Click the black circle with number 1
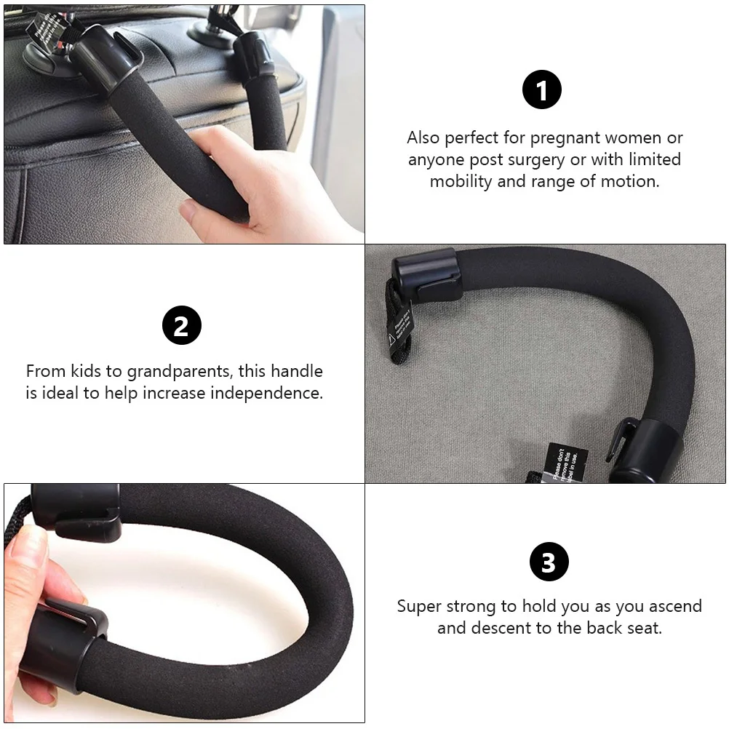tap(542, 90)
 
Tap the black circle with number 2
tap(181, 325)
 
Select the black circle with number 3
tap(549, 562)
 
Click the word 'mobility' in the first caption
tap(461, 181)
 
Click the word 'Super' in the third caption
tap(420, 606)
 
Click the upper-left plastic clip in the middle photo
tap(427, 273)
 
